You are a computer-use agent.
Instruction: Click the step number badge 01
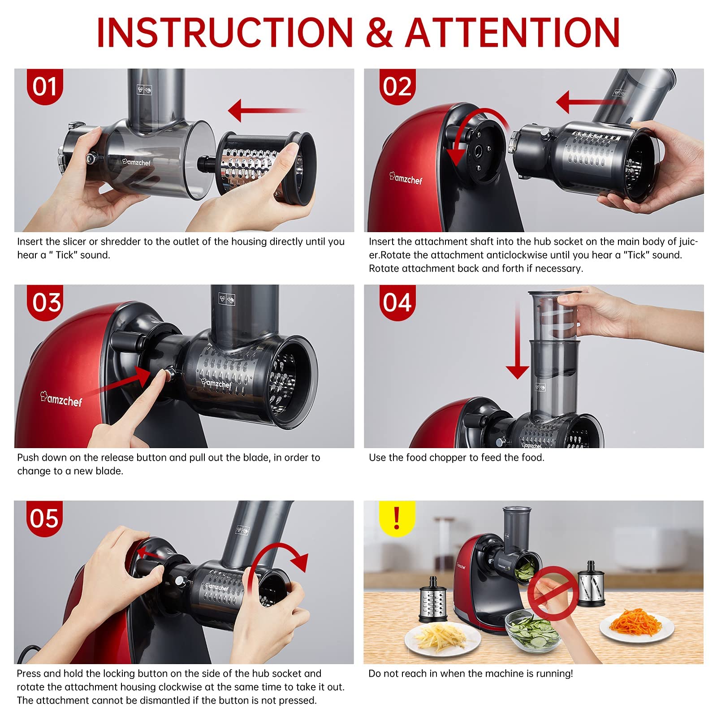click(45, 86)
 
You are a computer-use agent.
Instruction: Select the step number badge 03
click(45, 302)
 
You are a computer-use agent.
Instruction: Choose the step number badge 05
click(45, 518)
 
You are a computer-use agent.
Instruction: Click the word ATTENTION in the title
click(513, 32)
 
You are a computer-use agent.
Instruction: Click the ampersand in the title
click(379, 32)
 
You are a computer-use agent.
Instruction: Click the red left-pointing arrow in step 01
click(267, 110)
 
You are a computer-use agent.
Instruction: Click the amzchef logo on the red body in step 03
click(61, 398)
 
